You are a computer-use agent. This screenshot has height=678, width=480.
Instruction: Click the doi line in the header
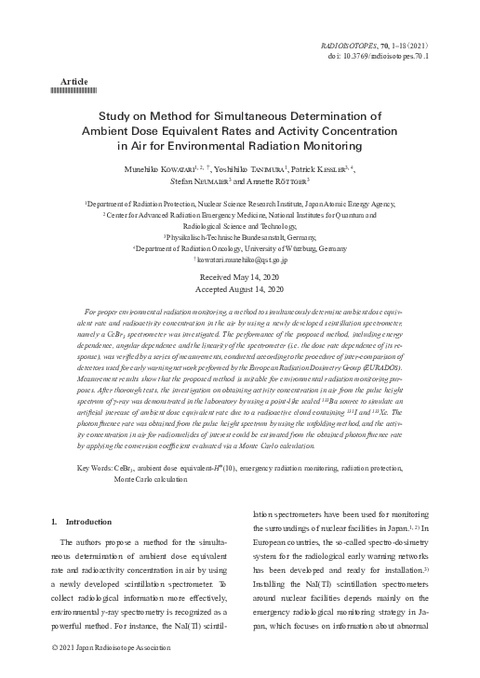[388, 55]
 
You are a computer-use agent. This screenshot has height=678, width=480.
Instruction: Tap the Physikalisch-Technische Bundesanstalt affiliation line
[239, 237]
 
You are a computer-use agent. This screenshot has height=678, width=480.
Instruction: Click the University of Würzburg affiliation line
[240, 249]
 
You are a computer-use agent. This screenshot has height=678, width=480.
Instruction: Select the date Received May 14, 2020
[239, 278]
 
